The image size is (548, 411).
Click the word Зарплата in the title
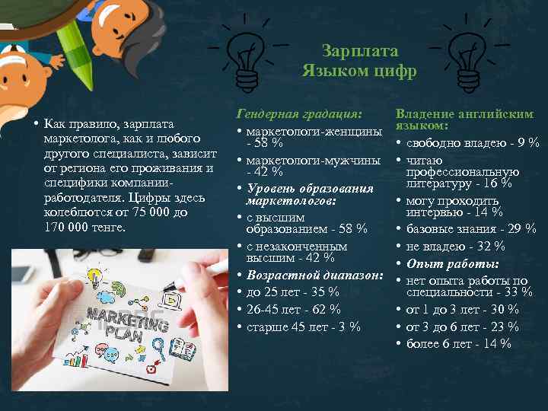point(360,51)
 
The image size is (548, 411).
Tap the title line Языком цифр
point(359,72)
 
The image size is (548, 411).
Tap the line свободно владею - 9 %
point(473,142)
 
